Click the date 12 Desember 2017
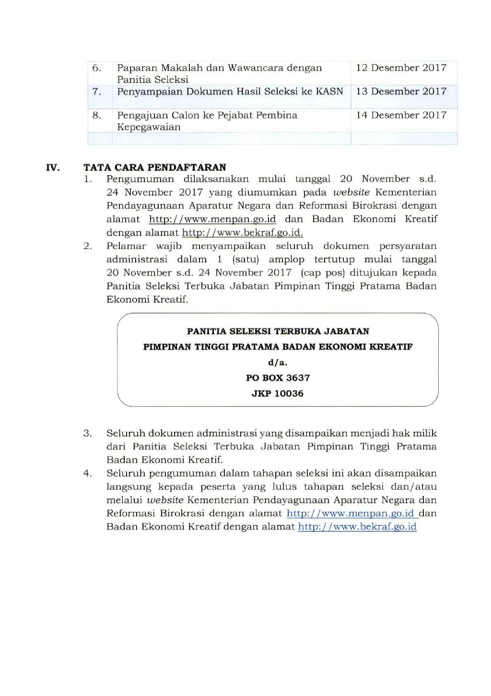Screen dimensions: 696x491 click(x=401, y=68)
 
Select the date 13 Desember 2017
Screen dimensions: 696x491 click(x=401, y=91)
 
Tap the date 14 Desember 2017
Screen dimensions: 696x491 click(x=401, y=115)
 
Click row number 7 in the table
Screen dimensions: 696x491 click(x=97, y=92)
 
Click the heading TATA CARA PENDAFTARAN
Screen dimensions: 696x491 click(x=155, y=167)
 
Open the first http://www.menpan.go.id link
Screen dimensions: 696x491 click(x=212, y=219)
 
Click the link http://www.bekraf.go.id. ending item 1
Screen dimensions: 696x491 click(x=243, y=233)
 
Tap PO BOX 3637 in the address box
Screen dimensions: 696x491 click(x=278, y=378)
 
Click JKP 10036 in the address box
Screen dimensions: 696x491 click(x=278, y=393)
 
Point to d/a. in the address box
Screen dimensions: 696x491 click(x=278, y=363)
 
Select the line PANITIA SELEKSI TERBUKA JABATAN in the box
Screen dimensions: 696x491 click(x=278, y=331)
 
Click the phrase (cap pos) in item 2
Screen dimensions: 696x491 click(x=317, y=273)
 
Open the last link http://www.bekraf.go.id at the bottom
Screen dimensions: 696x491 click(x=357, y=527)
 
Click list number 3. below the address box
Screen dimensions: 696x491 click(x=88, y=433)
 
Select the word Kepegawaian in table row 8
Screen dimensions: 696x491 click(x=149, y=127)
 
